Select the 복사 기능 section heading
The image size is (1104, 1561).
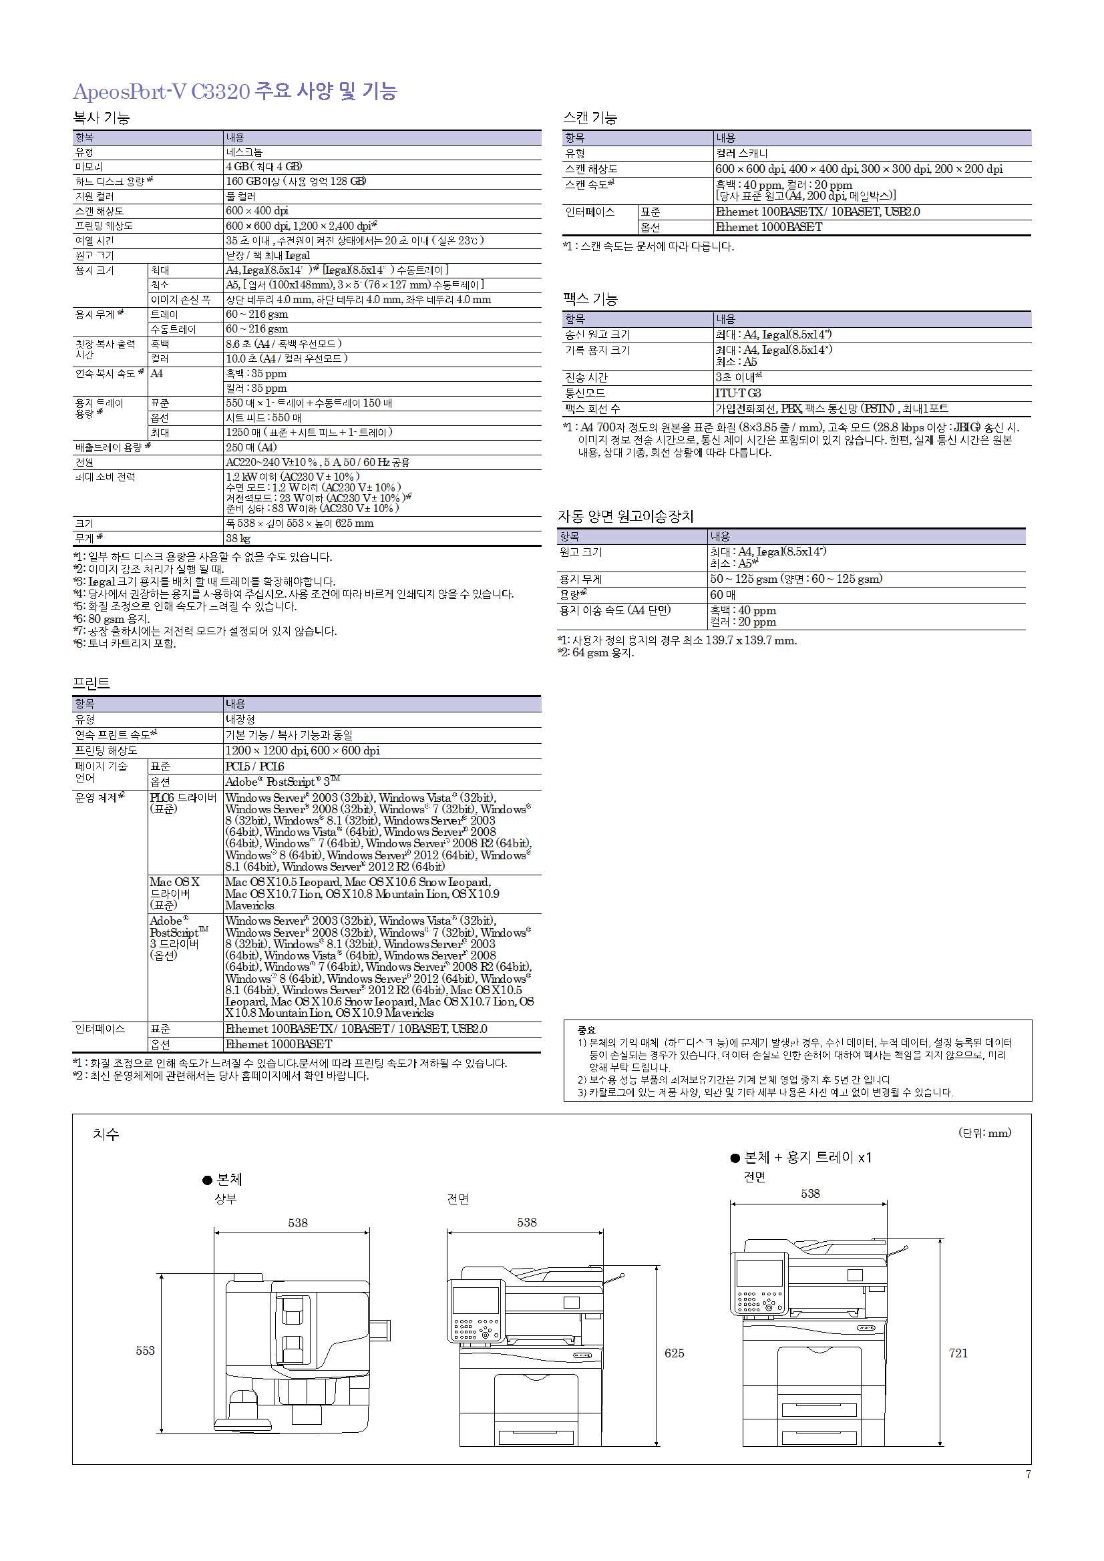[x=102, y=118]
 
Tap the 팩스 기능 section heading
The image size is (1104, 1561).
[x=590, y=298]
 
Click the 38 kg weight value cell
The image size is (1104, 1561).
[x=238, y=538]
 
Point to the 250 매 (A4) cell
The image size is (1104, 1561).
[x=251, y=447]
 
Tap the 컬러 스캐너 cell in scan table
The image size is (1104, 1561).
[x=741, y=154]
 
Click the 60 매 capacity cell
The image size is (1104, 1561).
[x=723, y=595]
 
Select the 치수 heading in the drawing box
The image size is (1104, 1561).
[x=106, y=1134]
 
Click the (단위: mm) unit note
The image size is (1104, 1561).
[x=984, y=1132]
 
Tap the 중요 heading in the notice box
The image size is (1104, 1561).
[x=586, y=1030]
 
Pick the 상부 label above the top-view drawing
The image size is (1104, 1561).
[x=226, y=1199]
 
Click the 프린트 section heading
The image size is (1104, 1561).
[x=91, y=682]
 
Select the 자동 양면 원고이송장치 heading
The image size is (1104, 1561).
[x=625, y=516]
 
